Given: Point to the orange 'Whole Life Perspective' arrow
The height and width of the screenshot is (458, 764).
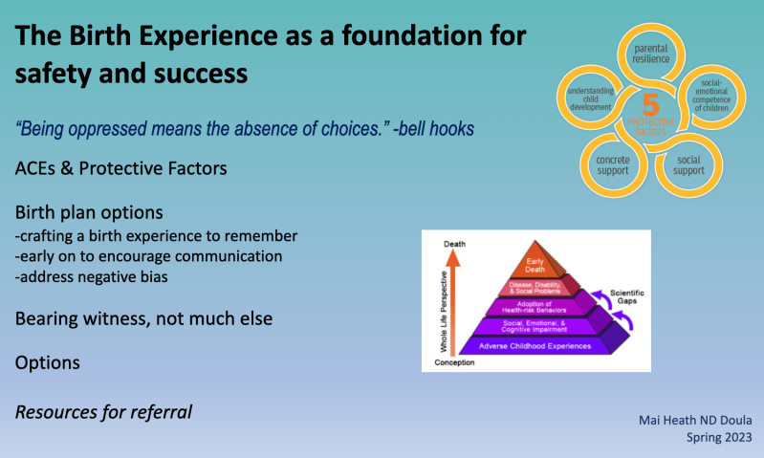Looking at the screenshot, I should click(x=455, y=301).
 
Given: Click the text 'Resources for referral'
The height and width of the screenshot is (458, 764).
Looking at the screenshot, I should click(x=103, y=412).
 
